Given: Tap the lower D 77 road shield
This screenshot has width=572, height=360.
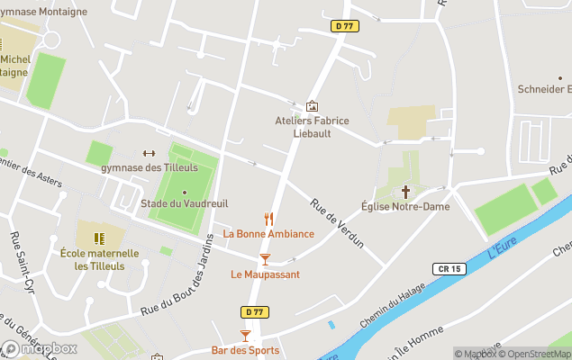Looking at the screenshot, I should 254,311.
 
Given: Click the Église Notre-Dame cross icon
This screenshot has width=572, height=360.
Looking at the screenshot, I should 405,191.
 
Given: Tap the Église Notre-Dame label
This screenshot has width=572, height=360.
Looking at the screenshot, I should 404,207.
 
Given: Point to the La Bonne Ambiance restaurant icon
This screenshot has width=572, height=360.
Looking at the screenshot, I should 268,218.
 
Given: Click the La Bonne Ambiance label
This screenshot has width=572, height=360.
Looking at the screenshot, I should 268,234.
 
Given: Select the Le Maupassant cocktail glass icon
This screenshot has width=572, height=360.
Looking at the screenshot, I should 265,259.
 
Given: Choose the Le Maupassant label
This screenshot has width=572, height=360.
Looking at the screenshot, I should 265,274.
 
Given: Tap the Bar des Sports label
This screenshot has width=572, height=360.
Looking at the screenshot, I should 245,350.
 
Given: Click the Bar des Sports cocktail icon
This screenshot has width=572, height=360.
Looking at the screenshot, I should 244,335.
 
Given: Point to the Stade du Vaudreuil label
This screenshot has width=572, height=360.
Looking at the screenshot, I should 185,203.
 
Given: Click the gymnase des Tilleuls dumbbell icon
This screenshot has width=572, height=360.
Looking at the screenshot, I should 149,153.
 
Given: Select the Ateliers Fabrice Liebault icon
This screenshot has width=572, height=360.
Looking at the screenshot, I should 312,106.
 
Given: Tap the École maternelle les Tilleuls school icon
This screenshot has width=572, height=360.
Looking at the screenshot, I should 99,238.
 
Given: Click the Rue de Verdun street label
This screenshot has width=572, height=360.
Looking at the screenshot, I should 338,223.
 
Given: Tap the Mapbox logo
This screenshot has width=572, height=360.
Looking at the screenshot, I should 40,348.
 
